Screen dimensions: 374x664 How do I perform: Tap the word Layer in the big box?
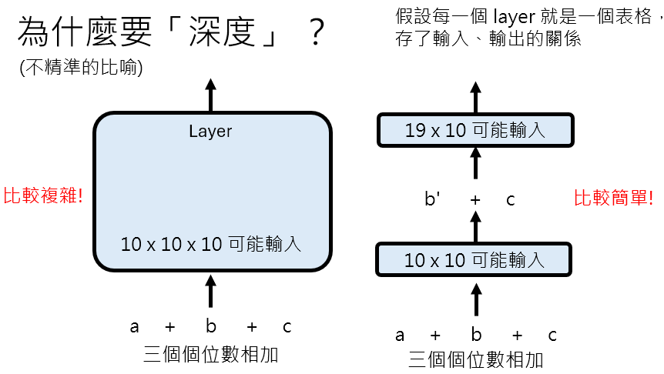210,132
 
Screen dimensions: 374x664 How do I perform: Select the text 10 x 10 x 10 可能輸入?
211,245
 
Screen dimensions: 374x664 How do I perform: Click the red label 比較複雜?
42,195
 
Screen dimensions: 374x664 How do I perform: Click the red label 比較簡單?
614,199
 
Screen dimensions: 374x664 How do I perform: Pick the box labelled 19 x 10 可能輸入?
475,129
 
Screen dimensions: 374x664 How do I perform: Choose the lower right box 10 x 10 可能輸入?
475,259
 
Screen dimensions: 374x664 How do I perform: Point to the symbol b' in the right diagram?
434,199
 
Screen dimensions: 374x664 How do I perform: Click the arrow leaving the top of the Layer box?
211,95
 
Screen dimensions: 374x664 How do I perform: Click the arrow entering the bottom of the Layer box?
211,292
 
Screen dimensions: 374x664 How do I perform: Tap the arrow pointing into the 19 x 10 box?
475,163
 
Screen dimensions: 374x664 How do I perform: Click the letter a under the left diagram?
135,326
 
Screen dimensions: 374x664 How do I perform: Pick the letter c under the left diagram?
287,326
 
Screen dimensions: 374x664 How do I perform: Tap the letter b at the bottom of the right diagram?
476,336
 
